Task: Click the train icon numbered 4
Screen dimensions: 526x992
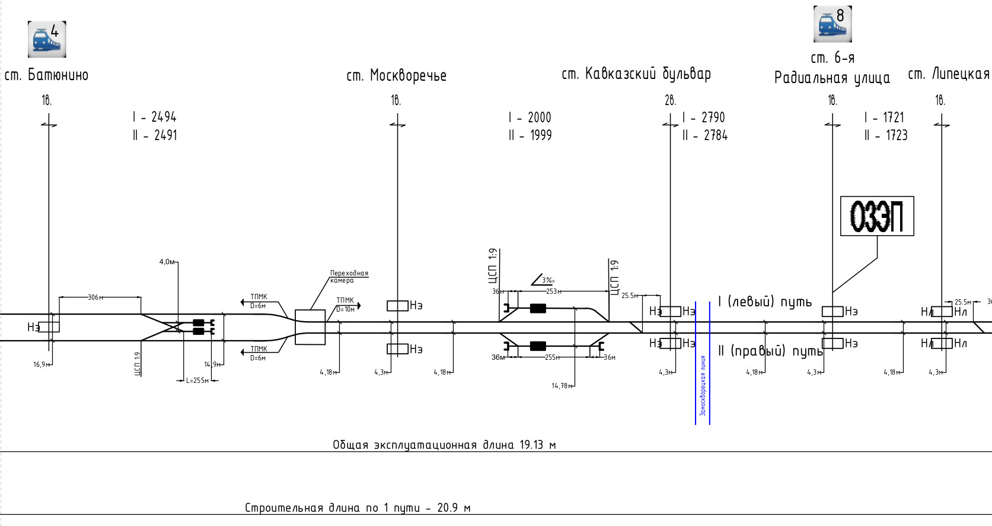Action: click(47, 39)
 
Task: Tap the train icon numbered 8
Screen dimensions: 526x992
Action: click(832, 24)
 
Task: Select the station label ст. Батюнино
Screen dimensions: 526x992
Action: click(46, 75)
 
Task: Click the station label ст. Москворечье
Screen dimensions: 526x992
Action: click(396, 75)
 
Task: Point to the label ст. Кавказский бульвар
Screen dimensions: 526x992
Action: click(636, 74)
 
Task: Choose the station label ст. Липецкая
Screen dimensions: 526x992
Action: click(949, 74)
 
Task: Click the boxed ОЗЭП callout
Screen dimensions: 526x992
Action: click(877, 216)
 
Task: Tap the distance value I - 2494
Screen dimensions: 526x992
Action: click(155, 117)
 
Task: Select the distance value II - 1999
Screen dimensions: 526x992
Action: click(530, 135)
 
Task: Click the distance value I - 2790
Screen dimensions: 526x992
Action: click(703, 118)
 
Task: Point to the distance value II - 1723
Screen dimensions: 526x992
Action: click(885, 135)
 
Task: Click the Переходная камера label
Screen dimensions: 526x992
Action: click(349, 277)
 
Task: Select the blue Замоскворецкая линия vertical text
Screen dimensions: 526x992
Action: click(703, 386)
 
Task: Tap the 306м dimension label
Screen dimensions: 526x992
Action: click(94, 297)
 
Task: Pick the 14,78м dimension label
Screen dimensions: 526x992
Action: click(561, 386)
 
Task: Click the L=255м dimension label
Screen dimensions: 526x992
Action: click(197, 381)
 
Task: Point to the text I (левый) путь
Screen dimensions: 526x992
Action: click(764, 302)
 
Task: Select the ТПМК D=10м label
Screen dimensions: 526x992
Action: click(345, 305)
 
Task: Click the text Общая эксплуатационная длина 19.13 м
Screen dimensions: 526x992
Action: click(444, 445)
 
